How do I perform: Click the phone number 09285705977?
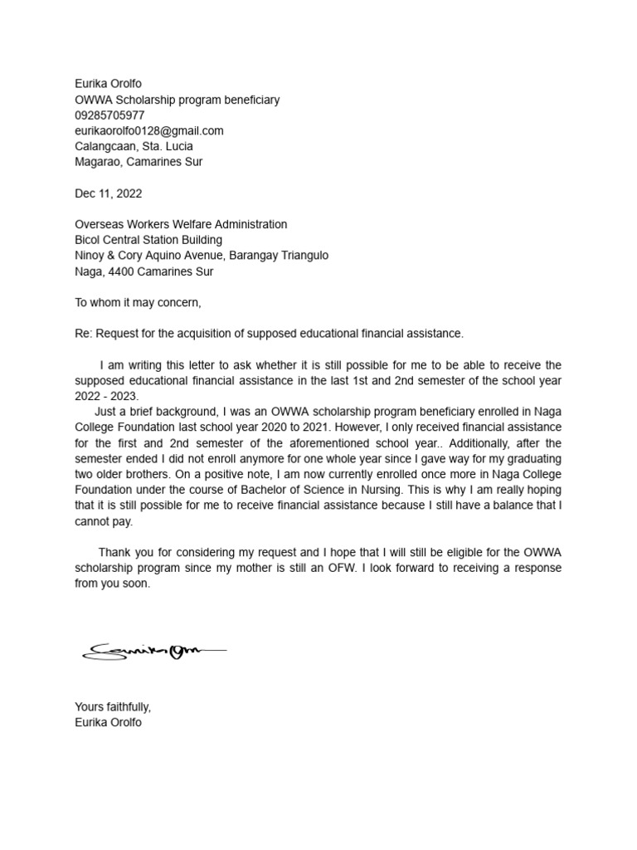tap(109, 115)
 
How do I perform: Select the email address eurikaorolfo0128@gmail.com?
tap(149, 131)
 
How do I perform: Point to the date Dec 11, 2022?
tap(109, 193)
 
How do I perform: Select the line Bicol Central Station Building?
tap(148, 240)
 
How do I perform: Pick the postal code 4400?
tap(120, 271)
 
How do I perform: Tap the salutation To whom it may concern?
tap(138, 302)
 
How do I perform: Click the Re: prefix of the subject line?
tap(83, 334)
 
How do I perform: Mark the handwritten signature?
tap(153, 651)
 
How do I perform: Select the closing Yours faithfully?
tap(113, 707)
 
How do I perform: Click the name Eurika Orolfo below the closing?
tap(109, 723)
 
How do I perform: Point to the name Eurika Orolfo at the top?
tap(109, 84)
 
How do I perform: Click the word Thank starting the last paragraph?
tap(115, 553)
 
